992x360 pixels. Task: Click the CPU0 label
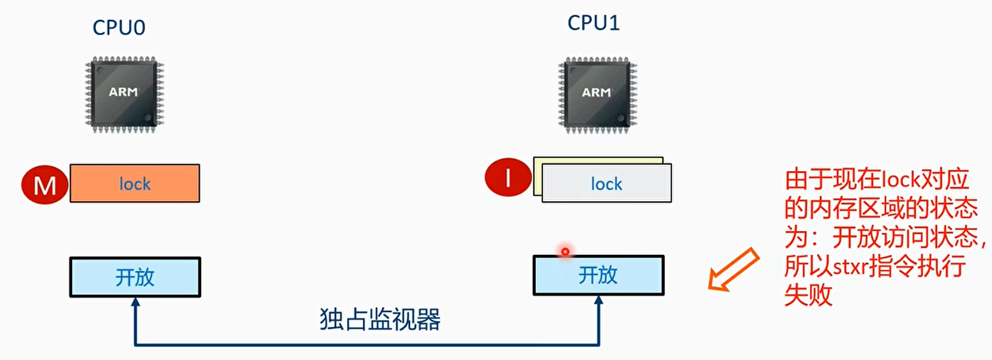(119, 28)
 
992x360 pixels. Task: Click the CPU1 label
(594, 22)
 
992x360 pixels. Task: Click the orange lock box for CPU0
(135, 184)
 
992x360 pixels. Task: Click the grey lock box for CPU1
(606, 183)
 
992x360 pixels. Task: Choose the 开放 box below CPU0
(135, 277)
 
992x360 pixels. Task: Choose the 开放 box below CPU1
(597, 275)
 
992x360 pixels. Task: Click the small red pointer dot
(565, 251)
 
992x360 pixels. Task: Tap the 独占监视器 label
(379, 319)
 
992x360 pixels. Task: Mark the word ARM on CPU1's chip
(596, 92)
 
